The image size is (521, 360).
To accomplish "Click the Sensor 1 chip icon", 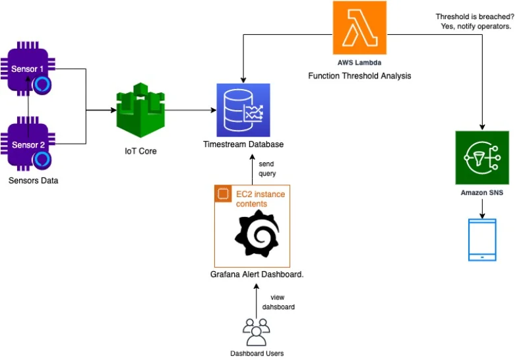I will (28, 69).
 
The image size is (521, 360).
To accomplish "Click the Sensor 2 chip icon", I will (28, 144).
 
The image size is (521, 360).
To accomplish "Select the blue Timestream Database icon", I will (243, 110).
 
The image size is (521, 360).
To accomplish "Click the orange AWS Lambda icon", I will (359, 28).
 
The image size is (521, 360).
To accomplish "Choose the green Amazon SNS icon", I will (482, 158).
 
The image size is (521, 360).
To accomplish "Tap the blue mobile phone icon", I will (482, 241).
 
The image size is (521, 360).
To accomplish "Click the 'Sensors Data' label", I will (33, 180).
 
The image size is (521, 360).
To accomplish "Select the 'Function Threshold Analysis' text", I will (359, 76).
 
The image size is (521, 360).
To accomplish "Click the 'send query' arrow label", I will (267, 168).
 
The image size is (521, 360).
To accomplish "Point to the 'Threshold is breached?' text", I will (475, 16).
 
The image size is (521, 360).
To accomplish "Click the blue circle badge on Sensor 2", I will (43, 160).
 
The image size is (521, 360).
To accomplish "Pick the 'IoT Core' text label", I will (140, 151).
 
